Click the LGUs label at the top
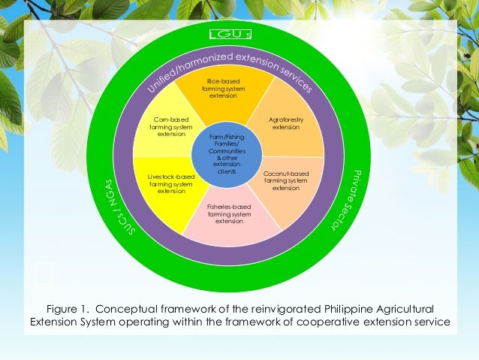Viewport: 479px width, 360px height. (229, 37)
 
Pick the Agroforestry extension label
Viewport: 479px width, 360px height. (285, 123)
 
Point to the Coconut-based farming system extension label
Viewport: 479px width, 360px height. (285, 180)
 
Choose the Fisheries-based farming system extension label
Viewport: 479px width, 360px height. (229, 213)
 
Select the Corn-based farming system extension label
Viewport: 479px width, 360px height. (170, 126)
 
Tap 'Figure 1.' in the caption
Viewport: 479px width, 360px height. (72, 309)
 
